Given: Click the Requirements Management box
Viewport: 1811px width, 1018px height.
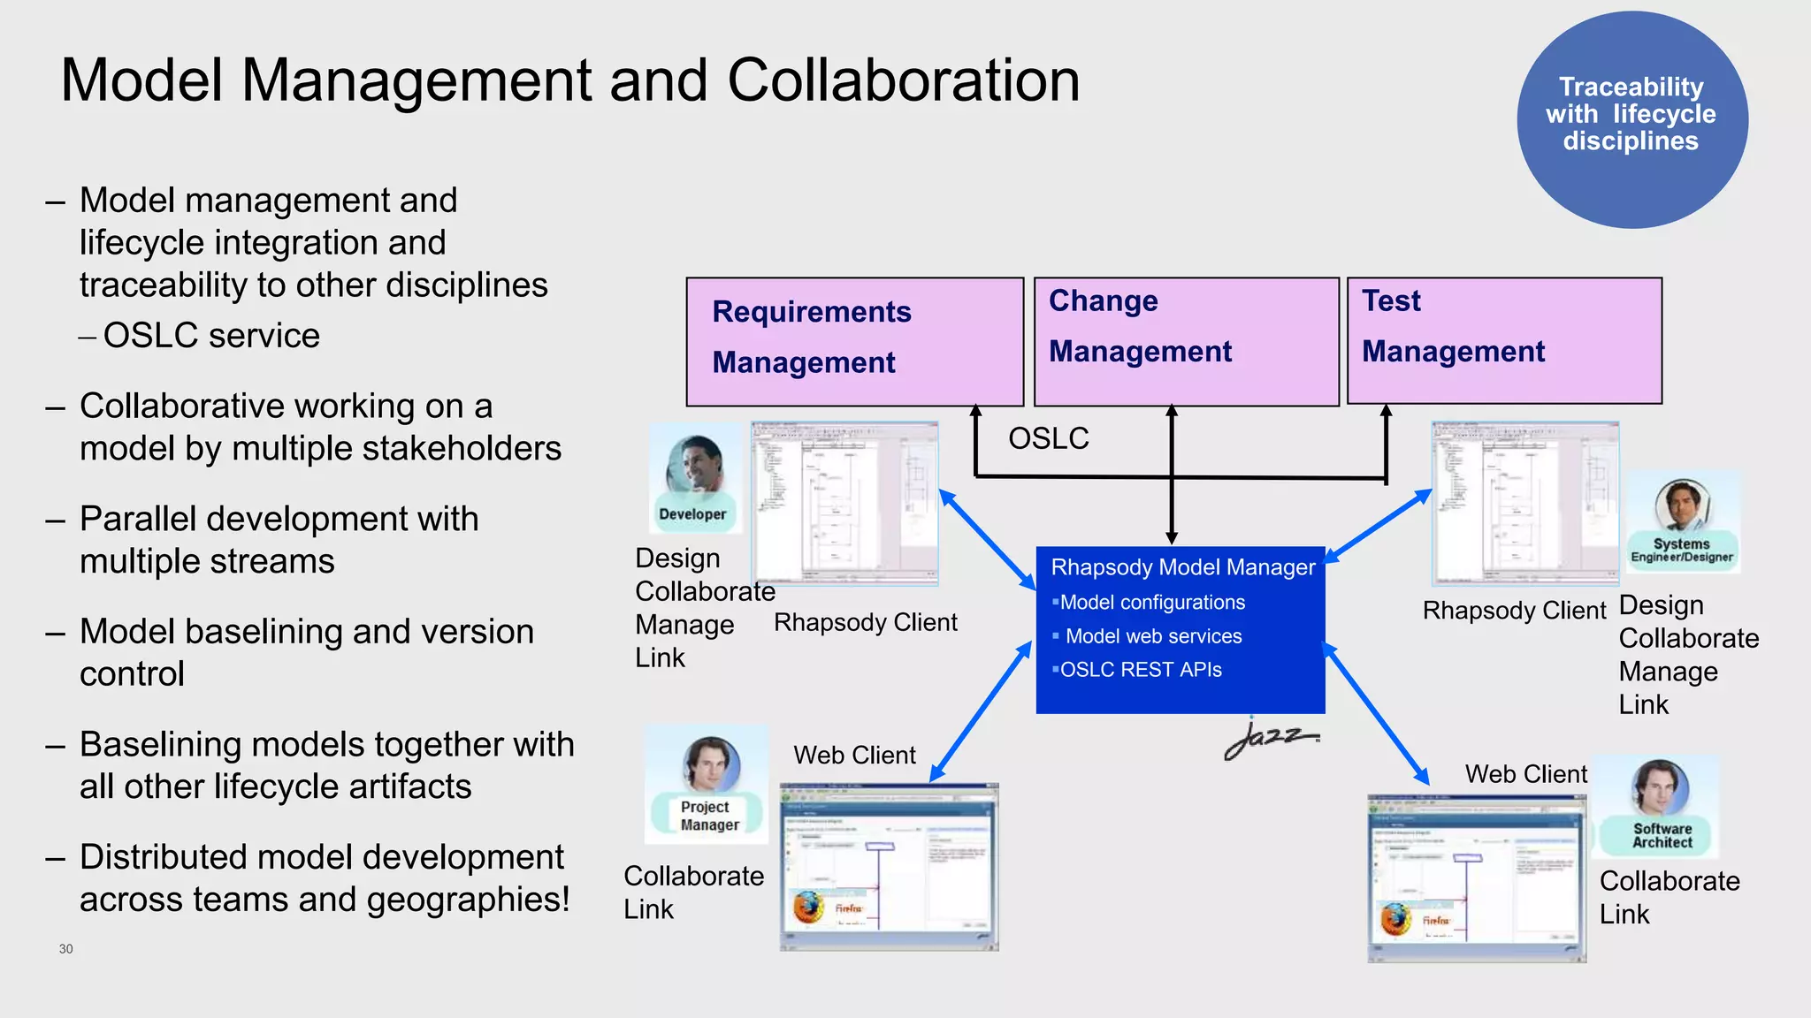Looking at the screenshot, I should coord(854,342).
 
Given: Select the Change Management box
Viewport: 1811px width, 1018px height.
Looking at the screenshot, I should coord(1186,342).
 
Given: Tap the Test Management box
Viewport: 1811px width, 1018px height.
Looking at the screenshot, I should coord(1503,341).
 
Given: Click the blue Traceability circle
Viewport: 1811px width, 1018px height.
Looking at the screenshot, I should coord(1631,119).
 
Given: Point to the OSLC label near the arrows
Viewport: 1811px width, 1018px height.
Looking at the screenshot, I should coord(1048,438).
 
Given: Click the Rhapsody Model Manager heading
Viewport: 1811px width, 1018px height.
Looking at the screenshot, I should coord(1182,567).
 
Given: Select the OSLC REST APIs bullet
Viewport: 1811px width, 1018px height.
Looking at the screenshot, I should coord(1140,670).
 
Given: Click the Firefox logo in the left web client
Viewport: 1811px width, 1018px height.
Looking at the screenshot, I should coord(807,907).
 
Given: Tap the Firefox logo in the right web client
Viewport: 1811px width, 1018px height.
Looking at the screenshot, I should coord(1395,919).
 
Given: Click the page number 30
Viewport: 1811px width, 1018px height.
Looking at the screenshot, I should coord(66,949).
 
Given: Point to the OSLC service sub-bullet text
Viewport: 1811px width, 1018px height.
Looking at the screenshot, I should coord(210,336).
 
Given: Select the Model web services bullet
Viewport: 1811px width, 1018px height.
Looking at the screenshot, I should coord(1152,636).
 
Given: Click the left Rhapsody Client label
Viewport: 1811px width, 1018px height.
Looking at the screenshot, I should coord(865,623).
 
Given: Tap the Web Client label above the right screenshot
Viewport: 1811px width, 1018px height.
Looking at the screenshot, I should coord(1525,774).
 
